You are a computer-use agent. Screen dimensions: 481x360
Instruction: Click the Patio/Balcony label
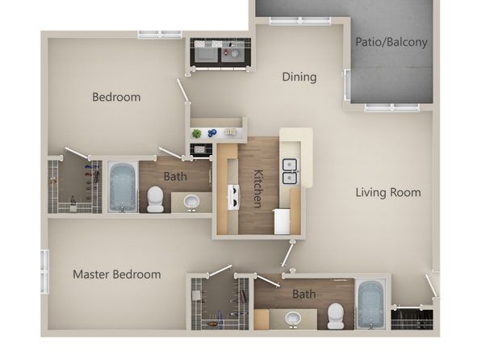click(391, 42)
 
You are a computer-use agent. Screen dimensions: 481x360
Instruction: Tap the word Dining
click(299, 77)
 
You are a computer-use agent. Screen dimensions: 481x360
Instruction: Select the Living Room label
click(388, 192)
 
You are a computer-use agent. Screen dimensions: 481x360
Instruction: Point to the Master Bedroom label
click(117, 274)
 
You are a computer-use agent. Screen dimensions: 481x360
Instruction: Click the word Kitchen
click(258, 188)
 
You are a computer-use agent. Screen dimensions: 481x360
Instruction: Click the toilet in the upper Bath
click(155, 199)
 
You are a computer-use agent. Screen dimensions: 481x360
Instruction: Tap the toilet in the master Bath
click(335, 316)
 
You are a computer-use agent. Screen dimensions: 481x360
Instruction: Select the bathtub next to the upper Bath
click(123, 187)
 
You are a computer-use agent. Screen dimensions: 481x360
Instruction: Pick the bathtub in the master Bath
click(370, 304)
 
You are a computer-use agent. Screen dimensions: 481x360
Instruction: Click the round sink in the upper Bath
click(192, 203)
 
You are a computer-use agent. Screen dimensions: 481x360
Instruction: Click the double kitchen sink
click(289, 171)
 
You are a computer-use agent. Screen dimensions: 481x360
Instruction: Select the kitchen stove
click(233, 197)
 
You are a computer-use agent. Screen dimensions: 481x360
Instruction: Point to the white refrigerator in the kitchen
click(282, 221)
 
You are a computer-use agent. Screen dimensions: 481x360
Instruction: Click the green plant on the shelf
click(197, 133)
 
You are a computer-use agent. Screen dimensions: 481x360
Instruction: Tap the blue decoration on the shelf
click(212, 132)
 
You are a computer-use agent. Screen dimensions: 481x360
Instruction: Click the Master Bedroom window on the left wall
click(44, 271)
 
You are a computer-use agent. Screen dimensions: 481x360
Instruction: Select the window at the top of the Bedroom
click(160, 34)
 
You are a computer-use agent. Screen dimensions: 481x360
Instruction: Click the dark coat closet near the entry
click(412, 320)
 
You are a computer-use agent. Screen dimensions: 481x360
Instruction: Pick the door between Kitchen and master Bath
click(288, 253)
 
